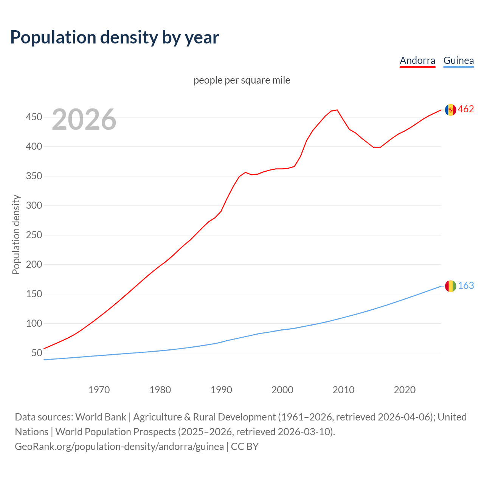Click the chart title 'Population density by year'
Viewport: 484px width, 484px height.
click(115, 37)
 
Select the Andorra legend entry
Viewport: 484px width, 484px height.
click(417, 60)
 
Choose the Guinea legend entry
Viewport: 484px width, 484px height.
click(458, 60)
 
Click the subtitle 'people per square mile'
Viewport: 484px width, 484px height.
click(242, 80)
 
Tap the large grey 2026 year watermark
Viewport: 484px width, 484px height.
click(84, 119)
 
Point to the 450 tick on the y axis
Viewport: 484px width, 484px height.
click(34, 117)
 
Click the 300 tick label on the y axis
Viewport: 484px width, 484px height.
click(34, 206)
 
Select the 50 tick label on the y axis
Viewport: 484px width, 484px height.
click(37, 353)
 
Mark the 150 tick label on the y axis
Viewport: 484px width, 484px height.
click(34, 294)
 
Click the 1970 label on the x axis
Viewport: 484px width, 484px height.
click(99, 390)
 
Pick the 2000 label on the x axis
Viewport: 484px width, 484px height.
click(282, 390)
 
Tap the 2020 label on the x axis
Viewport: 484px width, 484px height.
click(405, 390)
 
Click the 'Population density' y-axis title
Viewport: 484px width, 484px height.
click(16, 234)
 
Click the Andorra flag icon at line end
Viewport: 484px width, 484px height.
click(450, 110)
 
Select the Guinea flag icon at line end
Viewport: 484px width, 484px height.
click(450, 286)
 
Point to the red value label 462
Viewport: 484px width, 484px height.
click(466, 109)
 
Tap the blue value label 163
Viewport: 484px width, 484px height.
click(466, 286)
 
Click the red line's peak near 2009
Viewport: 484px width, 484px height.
click(337, 110)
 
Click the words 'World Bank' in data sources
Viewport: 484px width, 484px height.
click(101, 417)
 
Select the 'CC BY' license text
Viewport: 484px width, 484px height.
click(245, 447)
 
